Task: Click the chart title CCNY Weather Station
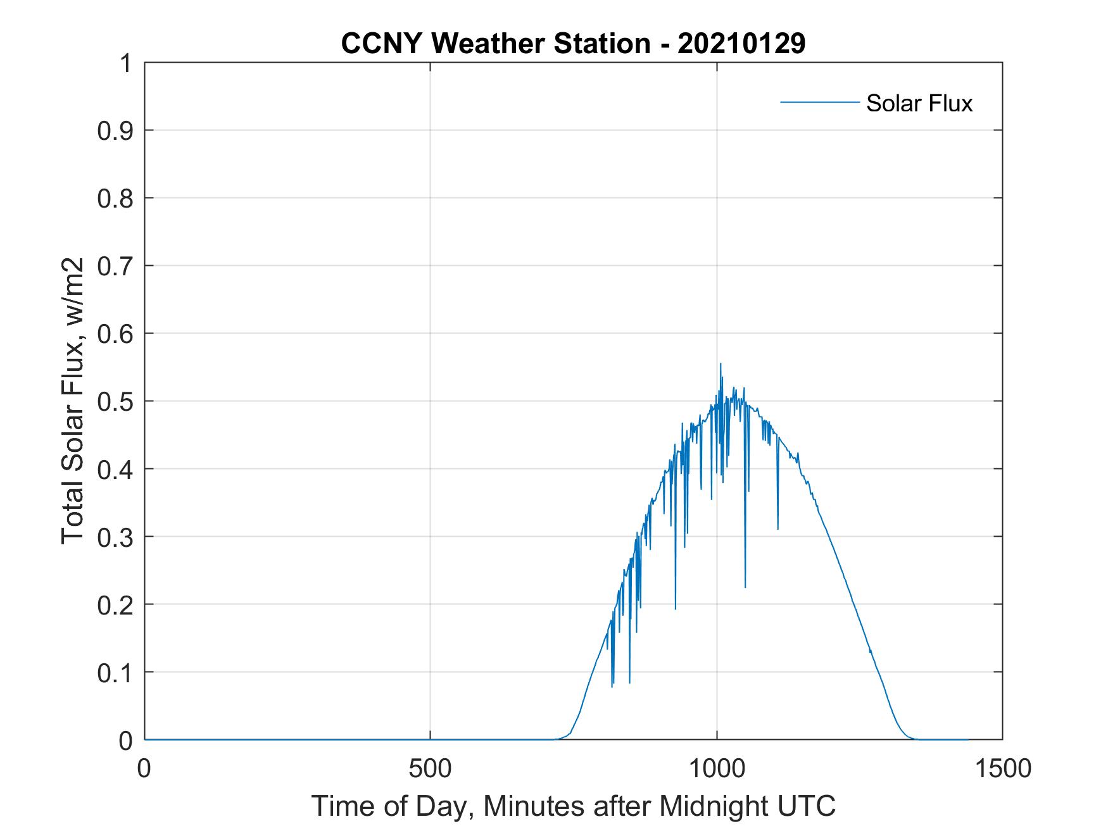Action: [495, 44]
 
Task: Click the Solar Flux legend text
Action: [919, 103]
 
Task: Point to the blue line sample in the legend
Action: [819, 103]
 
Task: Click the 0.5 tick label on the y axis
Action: [115, 401]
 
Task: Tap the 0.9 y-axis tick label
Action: [115, 130]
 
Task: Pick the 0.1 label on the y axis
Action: [115, 673]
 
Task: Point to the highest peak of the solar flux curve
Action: [721, 365]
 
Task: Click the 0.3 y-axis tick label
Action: [115, 537]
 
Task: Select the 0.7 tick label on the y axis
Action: [115, 266]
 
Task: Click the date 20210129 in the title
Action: [741, 44]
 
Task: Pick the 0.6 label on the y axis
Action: [115, 334]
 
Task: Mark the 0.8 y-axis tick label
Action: [115, 198]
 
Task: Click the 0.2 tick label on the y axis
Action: [115, 605]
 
